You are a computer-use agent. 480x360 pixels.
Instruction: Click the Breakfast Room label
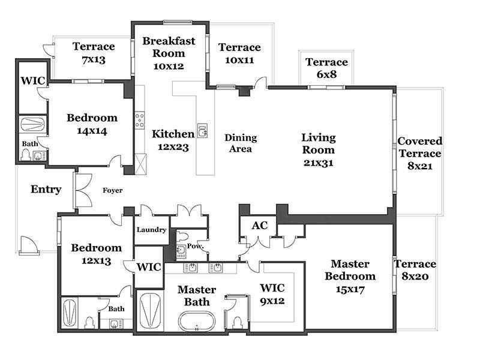coord(169,47)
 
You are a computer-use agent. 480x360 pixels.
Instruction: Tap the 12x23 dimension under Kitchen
coord(173,147)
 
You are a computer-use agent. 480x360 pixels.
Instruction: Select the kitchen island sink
coord(202,130)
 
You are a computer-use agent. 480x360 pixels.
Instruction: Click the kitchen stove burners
coord(140,120)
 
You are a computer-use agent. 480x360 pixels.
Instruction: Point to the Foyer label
coord(113,190)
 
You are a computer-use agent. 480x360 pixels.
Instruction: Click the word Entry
coord(46,189)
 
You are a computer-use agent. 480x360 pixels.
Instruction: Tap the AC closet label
coord(260,226)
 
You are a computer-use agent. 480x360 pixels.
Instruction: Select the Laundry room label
coord(152,230)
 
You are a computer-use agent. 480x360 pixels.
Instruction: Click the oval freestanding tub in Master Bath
coord(197,321)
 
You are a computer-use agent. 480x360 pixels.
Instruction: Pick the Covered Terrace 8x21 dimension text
coord(420,166)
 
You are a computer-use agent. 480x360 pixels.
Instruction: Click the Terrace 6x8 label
coord(327,68)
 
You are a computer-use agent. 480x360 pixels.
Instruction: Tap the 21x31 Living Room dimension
coord(319,163)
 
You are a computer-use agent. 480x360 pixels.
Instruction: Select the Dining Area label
coord(241,143)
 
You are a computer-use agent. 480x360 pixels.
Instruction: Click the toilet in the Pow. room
coord(183,236)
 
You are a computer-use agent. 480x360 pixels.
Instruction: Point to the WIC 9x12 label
coord(272,294)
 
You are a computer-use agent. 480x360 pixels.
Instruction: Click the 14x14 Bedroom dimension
coord(92,131)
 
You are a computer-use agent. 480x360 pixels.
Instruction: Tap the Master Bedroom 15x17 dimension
coord(350,289)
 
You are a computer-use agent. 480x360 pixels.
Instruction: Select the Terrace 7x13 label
coord(94,53)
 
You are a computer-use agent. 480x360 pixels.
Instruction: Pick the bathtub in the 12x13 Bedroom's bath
coord(70,313)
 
